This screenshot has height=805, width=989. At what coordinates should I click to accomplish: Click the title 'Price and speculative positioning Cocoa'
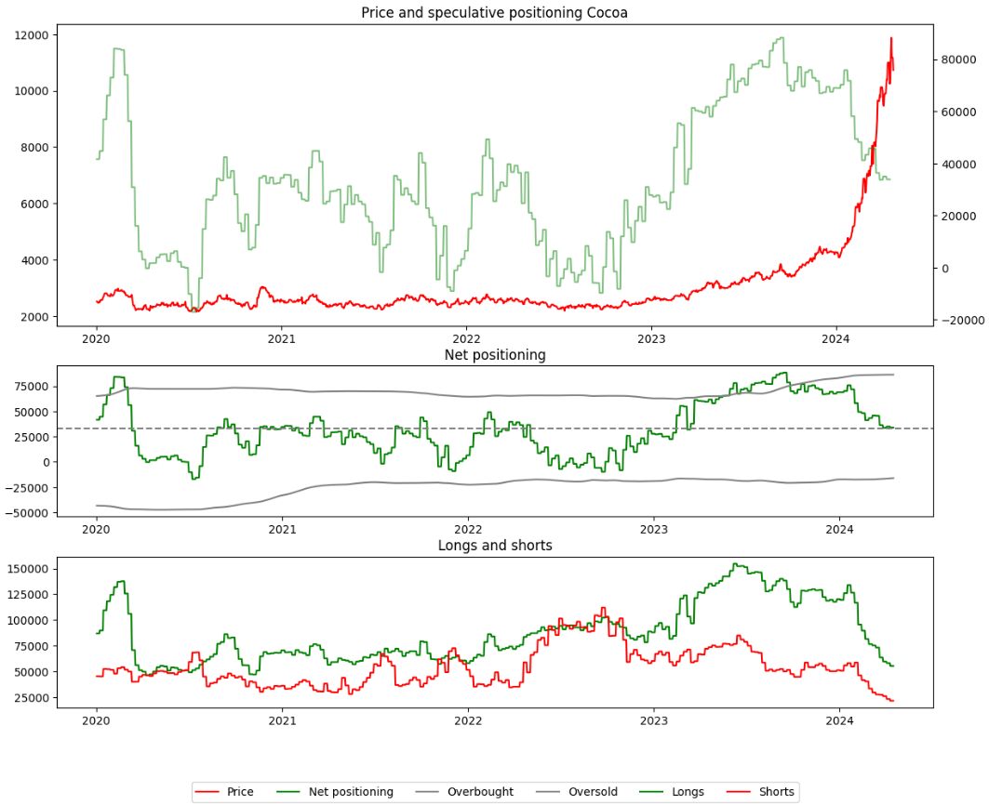coord(494,12)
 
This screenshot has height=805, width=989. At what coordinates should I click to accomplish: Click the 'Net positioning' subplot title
coord(495,354)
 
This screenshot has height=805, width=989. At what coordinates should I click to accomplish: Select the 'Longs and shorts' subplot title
coord(495,546)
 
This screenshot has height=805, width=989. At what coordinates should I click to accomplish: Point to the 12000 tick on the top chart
coord(33,35)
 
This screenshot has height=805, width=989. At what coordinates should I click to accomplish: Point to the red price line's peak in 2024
coord(890,39)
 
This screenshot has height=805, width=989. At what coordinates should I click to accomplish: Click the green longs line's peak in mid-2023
coord(736,564)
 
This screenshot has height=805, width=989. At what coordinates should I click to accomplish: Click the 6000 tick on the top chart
coord(35,204)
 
